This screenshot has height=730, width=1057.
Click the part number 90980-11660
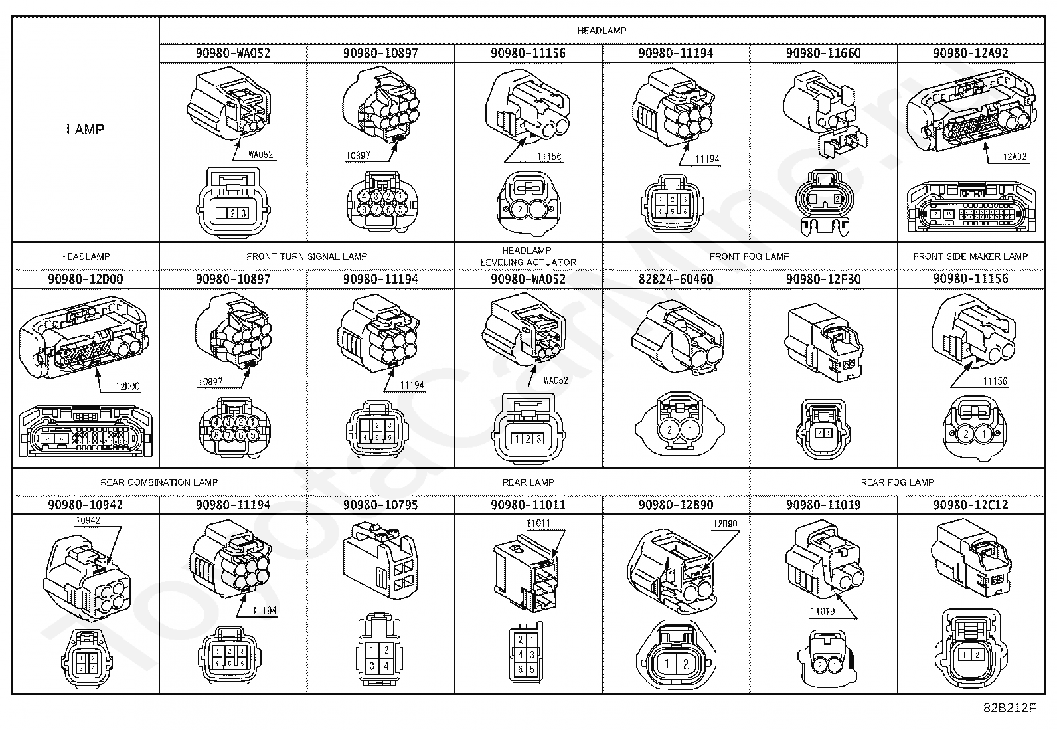[x=823, y=53]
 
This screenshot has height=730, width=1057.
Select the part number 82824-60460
[x=676, y=279]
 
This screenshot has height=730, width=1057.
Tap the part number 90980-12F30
[x=823, y=279]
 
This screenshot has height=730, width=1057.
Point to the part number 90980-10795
[x=380, y=505]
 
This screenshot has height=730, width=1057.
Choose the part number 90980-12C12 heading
[x=971, y=505]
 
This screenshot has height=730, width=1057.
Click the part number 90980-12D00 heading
[x=85, y=279]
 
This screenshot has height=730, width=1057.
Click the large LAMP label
[x=85, y=129]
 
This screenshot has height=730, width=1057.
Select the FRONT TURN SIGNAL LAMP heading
[x=307, y=256]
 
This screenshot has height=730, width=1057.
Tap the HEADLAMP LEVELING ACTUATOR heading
[x=528, y=256]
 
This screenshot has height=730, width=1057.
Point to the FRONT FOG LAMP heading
[x=750, y=256]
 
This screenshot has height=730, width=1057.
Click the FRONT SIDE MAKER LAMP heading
[x=970, y=256]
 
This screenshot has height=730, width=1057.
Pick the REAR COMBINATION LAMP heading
[x=159, y=482]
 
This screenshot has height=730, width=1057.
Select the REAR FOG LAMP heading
[x=897, y=482]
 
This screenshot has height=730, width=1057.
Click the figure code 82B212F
[x=1010, y=708]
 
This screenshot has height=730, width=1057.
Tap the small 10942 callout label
[x=88, y=521]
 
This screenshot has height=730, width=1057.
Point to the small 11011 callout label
[x=538, y=523]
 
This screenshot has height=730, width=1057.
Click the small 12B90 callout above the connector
[x=726, y=524]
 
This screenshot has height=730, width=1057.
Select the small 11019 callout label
[x=822, y=612]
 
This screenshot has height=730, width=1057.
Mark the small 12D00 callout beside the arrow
[x=127, y=386]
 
